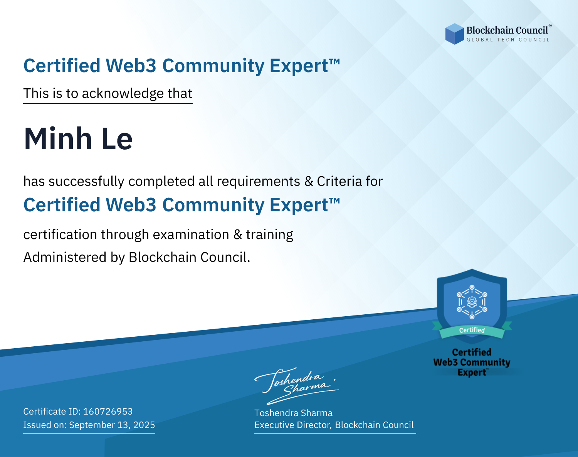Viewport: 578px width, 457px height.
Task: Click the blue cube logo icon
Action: pyautogui.click(x=454, y=34)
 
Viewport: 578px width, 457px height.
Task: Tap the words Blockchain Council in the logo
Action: pyautogui.click(x=507, y=30)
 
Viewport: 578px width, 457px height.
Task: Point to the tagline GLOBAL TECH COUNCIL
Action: pyautogui.click(x=508, y=40)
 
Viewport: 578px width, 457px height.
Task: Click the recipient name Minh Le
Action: pyautogui.click(x=78, y=139)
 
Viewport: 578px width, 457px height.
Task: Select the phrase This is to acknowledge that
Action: pyautogui.click(x=108, y=94)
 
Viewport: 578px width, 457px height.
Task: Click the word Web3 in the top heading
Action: pyautogui.click(x=131, y=66)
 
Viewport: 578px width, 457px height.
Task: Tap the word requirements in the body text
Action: pyautogui.click(x=259, y=182)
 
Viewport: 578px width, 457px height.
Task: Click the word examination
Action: pyautogui.click(x=191, y=234)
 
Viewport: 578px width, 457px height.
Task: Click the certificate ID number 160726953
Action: pyautogui.click(x=108, y=411)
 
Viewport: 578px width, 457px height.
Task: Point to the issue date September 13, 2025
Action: pyautogui.click(x=112, y=425)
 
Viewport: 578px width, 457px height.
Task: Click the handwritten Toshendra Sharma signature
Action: pyautogui.click(x=297, y=386)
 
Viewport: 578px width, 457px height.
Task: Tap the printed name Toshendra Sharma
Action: pyautogui.click(x=293, y=413)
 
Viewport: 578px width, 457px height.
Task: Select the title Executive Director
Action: pyautogui.click(x=292, y=425)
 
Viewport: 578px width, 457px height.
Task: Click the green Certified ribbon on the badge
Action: pyautogui.click(x=472, y=331)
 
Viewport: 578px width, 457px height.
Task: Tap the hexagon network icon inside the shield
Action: pyautogui.click(x=472, y=302)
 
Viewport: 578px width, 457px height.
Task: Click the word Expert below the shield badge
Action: pyautogui.click(x=472, y=373)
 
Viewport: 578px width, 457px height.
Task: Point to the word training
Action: pyautogui.click(x=270, y=235)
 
